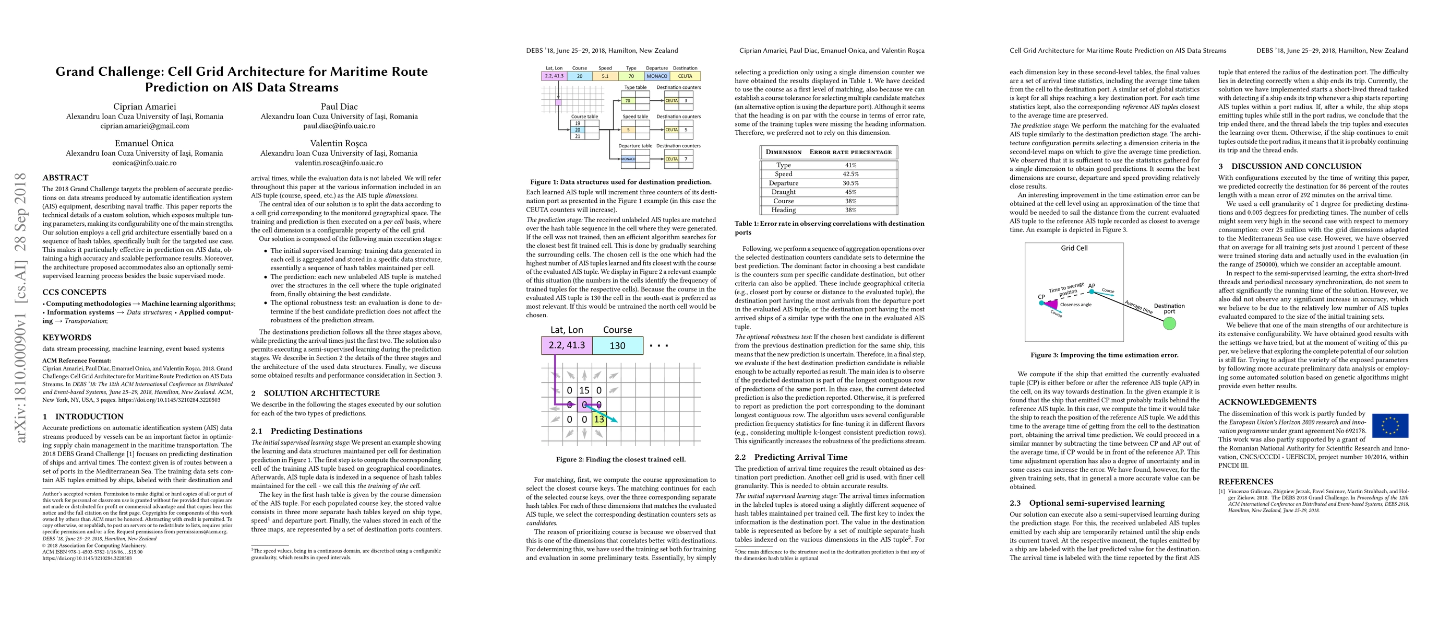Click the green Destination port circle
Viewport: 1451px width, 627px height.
pyautogui.click(x=1169, y=323)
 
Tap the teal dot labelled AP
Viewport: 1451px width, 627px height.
pyautogui.click(x=1092, y=292)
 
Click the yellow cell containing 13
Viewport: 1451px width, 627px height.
pyautogui.click(x=599, y=419)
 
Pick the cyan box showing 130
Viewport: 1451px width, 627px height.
pyautogui.click(x=617, y=345)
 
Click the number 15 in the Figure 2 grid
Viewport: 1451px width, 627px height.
pyautogui.click(x=584, y=390)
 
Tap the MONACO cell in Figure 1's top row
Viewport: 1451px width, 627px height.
pyautogui.click(x=657, y=76)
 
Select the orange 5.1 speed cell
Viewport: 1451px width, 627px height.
pyautogui.click(x=605, y=76)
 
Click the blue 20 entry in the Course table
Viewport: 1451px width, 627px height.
pyautogui.click(x=578, y=130)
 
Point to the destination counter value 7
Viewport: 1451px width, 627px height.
pyautogui.click(x=686, y=159)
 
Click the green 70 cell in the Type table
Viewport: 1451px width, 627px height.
pyautogui.click(x=628, y=100)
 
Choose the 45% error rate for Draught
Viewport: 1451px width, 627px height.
pyautogui.click(x=850, y=192)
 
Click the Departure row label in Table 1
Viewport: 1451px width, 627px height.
pyautogui.click(x=784, y=183)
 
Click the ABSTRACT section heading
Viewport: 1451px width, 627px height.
pyautogui.click(x=65, y=178)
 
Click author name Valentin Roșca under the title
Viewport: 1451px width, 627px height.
pyautogui.click(x=339, y=143)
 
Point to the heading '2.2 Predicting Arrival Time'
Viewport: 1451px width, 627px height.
pyautogui.click(x=791, y=457)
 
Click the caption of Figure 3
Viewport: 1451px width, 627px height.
pyautogui.click(x=1104, y=355)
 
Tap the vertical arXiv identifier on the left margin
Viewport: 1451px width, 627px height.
pyautogui.click(x=21, y=307)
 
